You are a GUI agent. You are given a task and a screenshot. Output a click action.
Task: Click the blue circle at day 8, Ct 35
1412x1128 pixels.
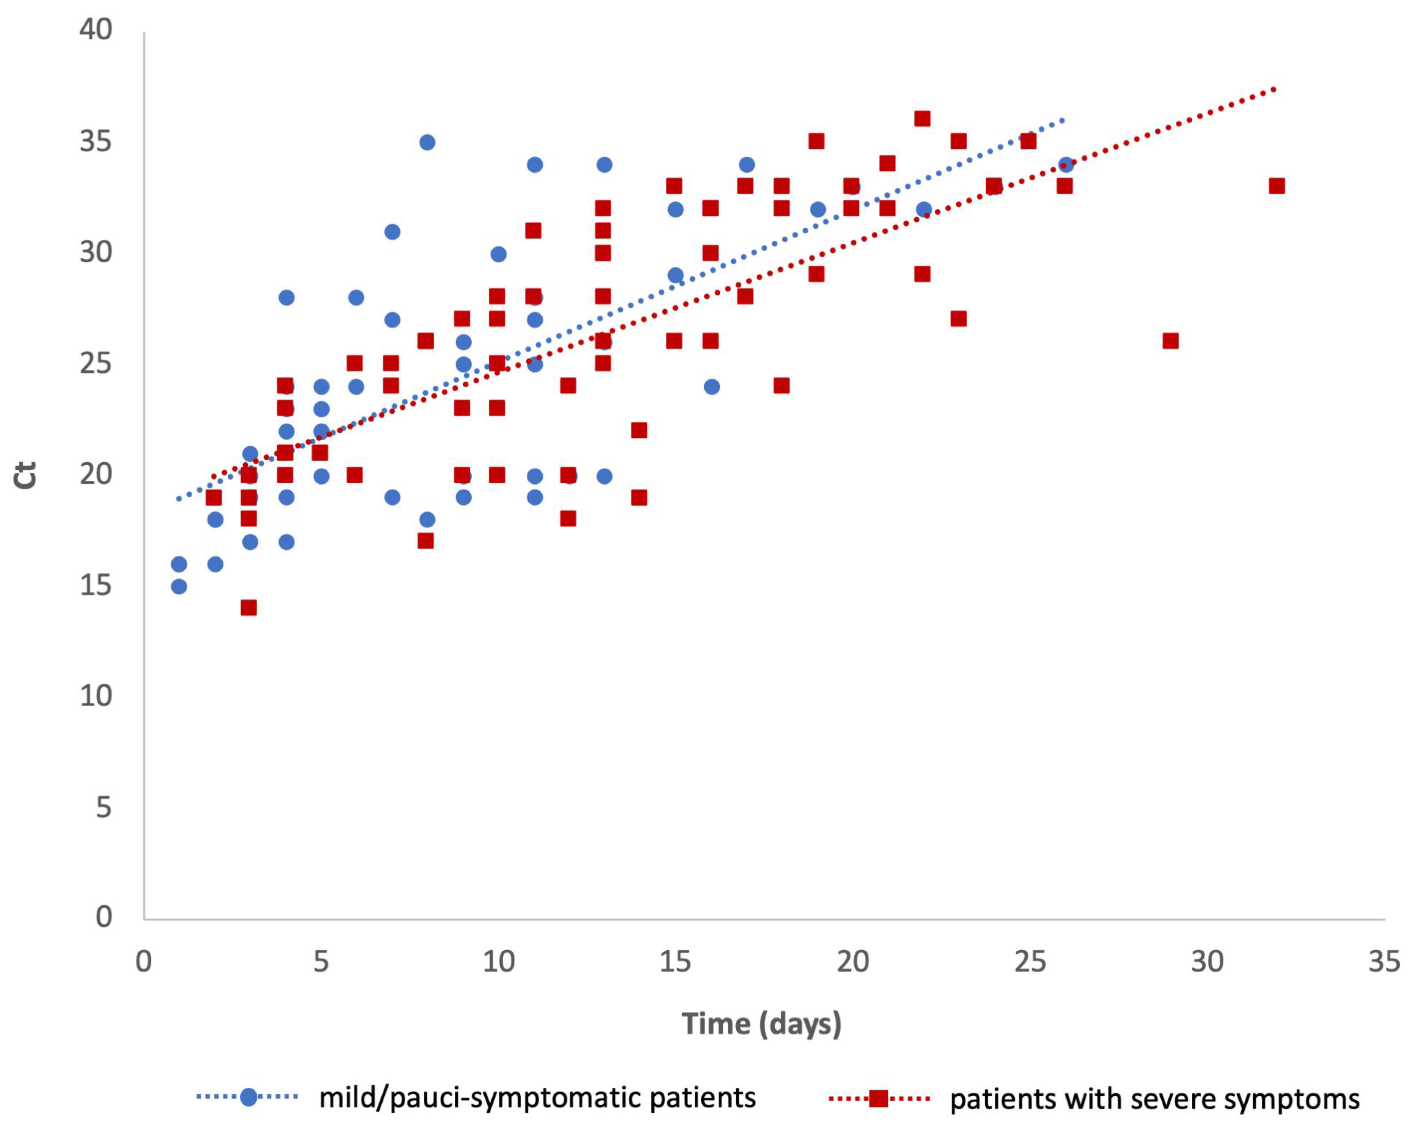[427, 142]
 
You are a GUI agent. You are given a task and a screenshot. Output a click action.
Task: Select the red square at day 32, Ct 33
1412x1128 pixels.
[1276, 186]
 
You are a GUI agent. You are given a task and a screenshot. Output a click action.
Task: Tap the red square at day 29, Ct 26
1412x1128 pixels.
[1170, 341]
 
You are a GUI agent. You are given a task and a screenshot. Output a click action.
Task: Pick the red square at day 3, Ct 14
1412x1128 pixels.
[249, 607]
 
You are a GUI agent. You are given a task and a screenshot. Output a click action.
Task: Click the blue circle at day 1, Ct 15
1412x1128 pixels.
[179, 586]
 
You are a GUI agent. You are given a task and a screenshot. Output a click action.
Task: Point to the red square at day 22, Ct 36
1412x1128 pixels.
[922, 118]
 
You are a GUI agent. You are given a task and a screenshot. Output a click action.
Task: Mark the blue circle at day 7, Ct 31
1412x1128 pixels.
[392, 231]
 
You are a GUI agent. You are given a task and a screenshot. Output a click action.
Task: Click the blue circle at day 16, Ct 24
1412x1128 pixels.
[712, 386]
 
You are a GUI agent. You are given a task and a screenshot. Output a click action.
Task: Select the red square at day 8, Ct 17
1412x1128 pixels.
[426, 540]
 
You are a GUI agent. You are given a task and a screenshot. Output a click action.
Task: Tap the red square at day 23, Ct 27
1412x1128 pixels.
[959, 318]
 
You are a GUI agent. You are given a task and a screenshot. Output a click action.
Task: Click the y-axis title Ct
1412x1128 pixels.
[26, 475]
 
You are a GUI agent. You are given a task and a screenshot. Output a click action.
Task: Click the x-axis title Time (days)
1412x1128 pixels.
[761, 1023]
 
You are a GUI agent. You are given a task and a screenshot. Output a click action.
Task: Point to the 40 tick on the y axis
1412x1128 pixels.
[95, 29]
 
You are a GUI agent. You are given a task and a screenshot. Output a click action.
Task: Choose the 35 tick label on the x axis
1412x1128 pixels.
[1384, 961]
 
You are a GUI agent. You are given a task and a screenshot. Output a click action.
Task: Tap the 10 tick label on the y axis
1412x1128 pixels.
[95, 696]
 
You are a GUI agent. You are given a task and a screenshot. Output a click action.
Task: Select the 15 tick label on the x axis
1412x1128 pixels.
[675, 961]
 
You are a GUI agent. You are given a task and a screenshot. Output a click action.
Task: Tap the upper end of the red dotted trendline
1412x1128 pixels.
[1275, 88]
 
